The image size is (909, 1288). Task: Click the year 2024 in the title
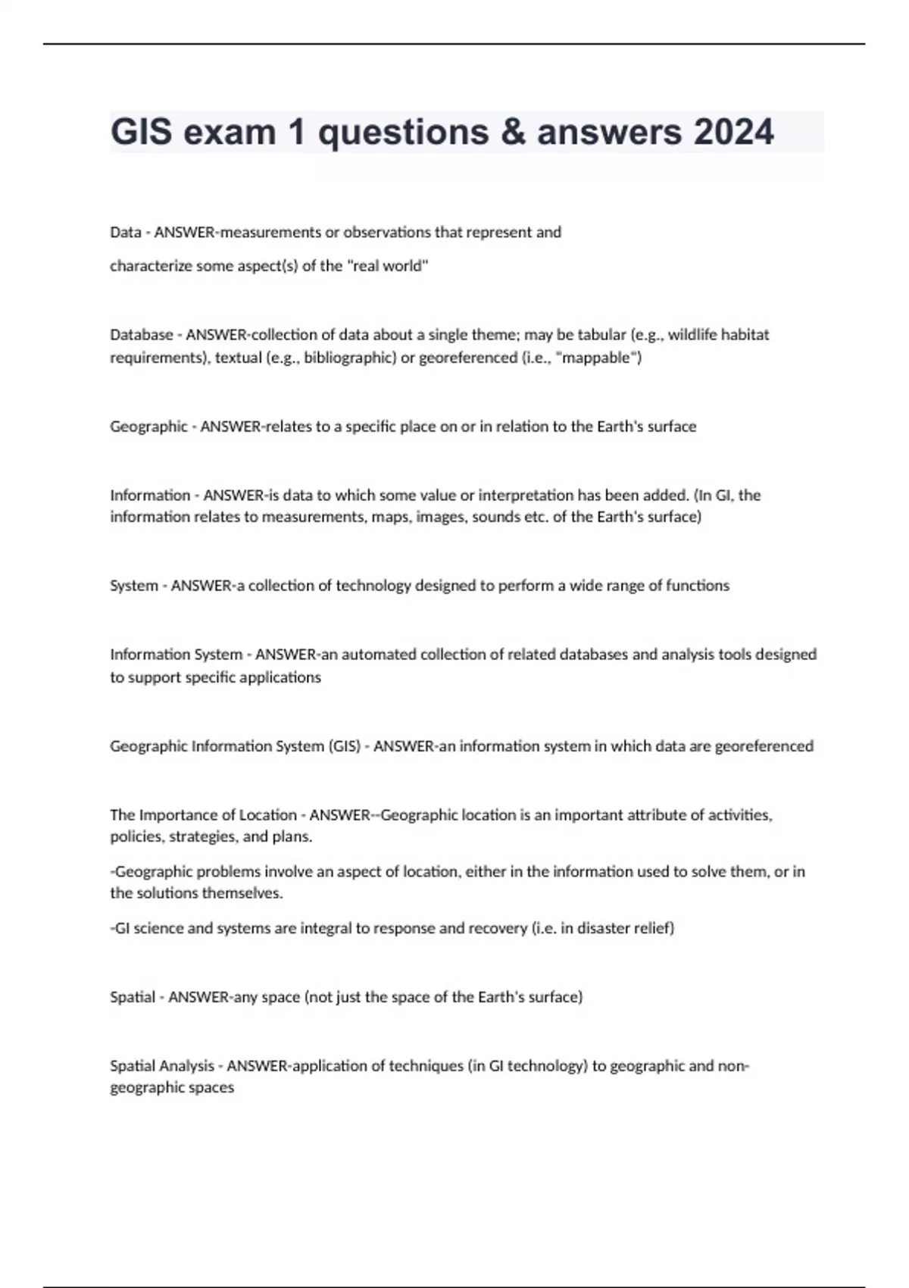[x=733, y=132]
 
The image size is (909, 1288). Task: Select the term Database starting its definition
[x=141, y=335]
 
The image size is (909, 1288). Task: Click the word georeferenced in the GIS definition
[x=764, y=746]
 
